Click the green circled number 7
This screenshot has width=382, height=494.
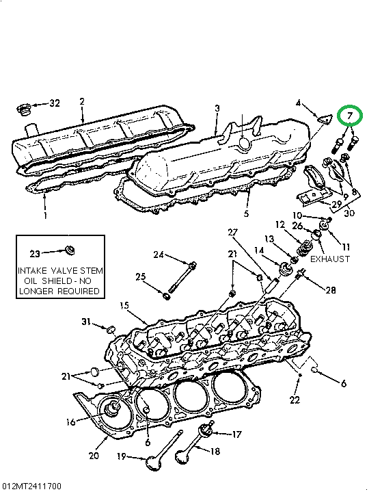[x=349, y=117]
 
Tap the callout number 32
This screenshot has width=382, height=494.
[x=54, y=103]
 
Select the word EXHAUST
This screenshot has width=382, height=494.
[x=330, y=259]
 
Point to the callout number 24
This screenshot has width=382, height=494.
[x=159, y=255]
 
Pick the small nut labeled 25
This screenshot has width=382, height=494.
[x=166, y=296]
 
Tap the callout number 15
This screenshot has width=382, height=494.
[x=124, y=305]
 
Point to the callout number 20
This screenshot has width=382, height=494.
[x=94, y=456]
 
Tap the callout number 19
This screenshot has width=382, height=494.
[x=122, y=457]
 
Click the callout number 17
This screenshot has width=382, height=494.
[x=236, y=434]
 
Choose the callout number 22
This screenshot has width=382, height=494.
[x=295, y=400]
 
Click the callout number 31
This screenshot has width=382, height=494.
[x=86, y=322]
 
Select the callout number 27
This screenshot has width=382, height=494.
[x=232, y=233]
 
